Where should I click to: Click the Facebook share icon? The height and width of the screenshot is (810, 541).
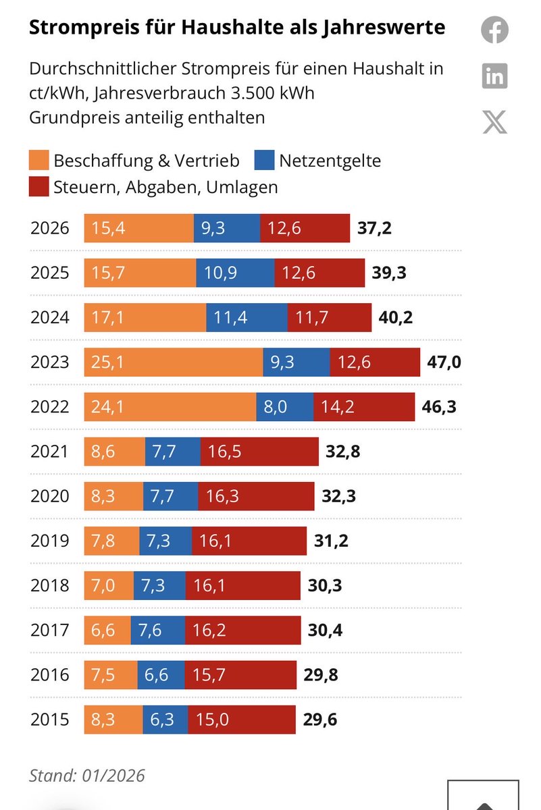[x=494, y=30]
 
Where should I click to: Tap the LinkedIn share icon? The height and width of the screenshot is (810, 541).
[x=494, y=76]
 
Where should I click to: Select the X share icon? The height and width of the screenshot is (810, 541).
[x=494, y=122]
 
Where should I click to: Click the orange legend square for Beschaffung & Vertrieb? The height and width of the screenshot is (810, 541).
[x=38, y=161]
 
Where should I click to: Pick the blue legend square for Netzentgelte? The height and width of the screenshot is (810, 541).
[x=264, y=161]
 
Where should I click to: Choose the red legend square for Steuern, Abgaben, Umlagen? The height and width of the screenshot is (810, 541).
[x=38, y=187]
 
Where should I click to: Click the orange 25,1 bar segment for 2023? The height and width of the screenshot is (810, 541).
[x=173, y=362]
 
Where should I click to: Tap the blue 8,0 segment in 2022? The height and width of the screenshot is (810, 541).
[x=284, y=407]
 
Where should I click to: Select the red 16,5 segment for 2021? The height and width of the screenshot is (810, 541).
[x=259, y=452]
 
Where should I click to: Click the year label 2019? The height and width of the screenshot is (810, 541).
[x=50, y=541]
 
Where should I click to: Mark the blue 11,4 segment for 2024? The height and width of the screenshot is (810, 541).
[x=247, y=318]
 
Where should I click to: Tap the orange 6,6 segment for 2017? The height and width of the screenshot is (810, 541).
[x=107, y=630]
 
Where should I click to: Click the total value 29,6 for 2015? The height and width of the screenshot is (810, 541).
[x=320, y=720]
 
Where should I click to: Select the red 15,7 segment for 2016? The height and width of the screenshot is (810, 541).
[x=240, y=675]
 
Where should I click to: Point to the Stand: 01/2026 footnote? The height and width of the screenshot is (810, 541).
[x=86, y=776]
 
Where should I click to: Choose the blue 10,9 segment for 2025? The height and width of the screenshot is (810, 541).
[x=235, y=273]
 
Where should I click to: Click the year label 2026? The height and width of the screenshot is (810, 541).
[x=50, y=228]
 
